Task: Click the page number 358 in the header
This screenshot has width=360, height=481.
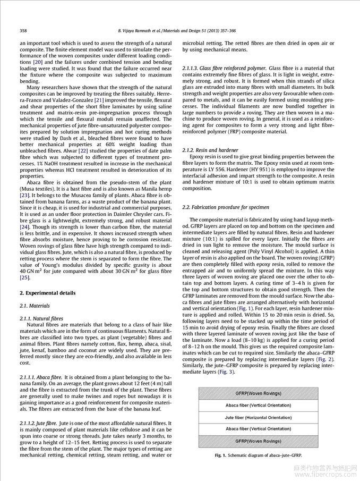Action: (x=23, y=31)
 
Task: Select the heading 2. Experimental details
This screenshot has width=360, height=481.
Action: (x=48, y=293)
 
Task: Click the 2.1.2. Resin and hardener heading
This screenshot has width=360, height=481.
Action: (x=211, y=150)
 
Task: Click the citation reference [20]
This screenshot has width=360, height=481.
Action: (x=38, y=62)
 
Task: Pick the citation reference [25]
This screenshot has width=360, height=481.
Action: (x=24, y=277)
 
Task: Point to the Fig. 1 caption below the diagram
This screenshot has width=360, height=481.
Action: (x=258, y=455)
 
